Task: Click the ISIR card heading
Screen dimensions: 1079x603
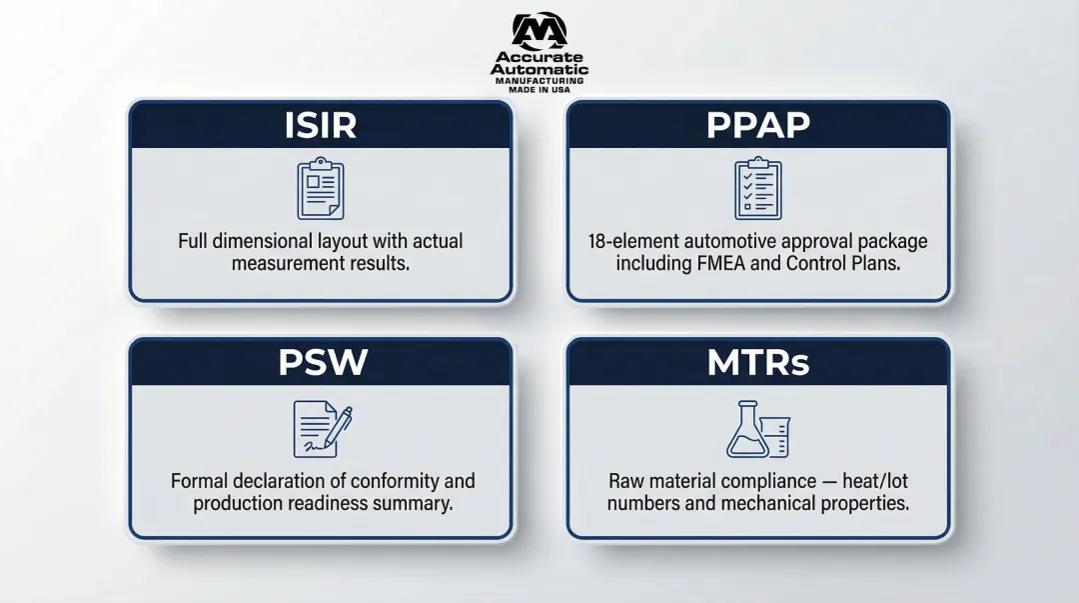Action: click(x=321, y=125)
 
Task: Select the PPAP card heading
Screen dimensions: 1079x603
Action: click(x=758, y=125)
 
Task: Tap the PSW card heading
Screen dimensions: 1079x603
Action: click(x=323, y=362)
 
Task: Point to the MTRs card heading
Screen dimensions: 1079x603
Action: click(x=758, y=362)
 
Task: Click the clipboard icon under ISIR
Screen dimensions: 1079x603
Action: click(x=321, y=188)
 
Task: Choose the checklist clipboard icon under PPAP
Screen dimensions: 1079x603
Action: click(x=758, y=188)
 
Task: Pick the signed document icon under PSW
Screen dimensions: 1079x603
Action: click(x=323, y=429)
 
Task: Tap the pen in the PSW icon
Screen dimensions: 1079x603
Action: click(x=338, y=427)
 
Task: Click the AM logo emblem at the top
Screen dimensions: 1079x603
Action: click(x=539, y=31)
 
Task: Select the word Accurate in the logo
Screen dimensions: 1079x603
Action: click(x=539, y=57)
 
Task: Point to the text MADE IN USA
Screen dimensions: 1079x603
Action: click(x=539, y=90)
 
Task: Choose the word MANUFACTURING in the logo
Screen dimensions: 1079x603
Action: click(x=539, y=81)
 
